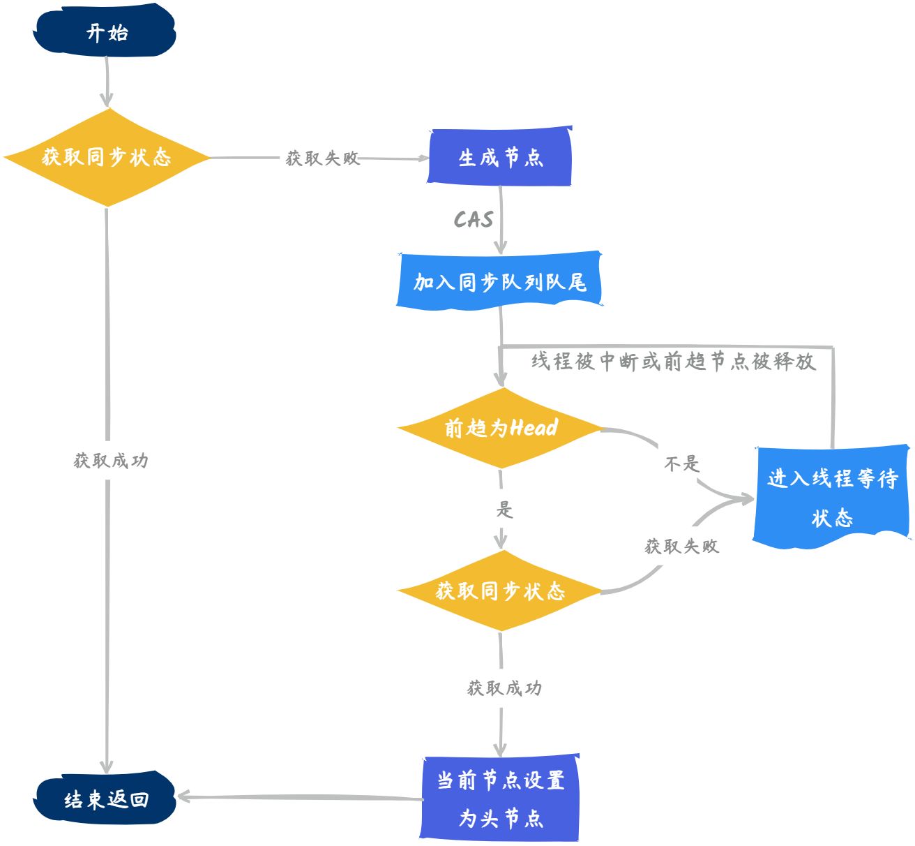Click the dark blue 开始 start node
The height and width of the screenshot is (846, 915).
(105, 32)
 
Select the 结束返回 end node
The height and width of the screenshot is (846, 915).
(105, 799)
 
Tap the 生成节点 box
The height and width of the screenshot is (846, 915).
(500, 157)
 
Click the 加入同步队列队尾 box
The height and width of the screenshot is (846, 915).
(499, 281)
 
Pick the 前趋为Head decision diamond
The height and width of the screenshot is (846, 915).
(500, 427)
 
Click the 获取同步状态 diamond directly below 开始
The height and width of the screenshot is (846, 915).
(107, 157)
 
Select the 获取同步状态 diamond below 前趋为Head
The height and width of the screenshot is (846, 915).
(500, 591)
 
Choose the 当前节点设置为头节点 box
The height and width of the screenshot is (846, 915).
(500, 799)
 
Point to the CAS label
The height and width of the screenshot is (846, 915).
(474, 219)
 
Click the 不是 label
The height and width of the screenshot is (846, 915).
(681, 463)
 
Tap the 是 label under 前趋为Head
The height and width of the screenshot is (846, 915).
(504, 510)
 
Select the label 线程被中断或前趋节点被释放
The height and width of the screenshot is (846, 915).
(673, 361)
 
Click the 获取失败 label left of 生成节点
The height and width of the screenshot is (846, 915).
(322, 158)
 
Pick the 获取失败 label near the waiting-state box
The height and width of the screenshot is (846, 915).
(681, 546)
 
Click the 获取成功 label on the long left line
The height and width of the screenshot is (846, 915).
(111, 461)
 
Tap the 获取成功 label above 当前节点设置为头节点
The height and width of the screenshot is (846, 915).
(504, 688)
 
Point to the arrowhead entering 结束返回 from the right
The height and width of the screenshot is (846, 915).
(183, 796)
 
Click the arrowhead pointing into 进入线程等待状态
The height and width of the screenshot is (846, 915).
(746, 499)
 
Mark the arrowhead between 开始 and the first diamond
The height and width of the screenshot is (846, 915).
(107, 99)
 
